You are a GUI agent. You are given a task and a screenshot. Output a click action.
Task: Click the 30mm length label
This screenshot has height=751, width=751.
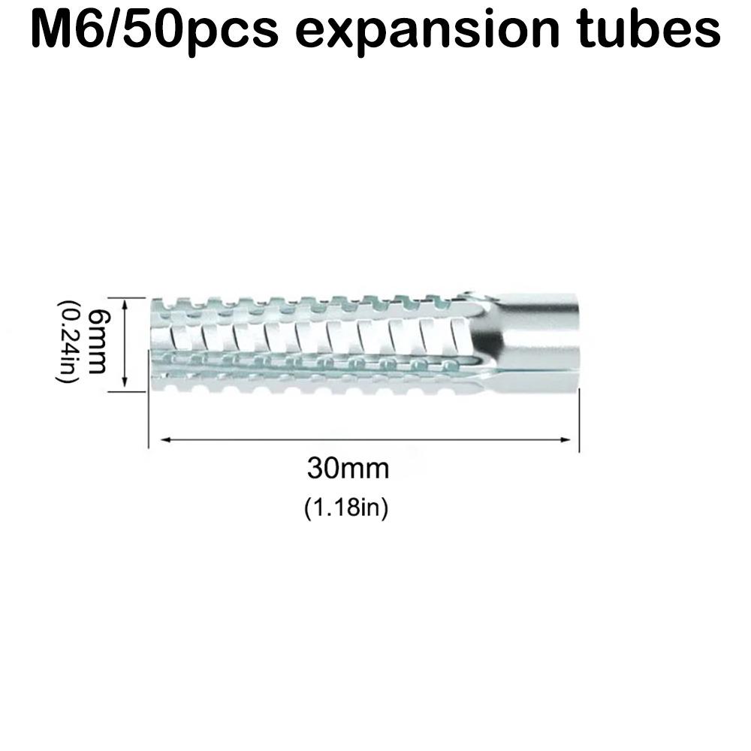pos(348,469)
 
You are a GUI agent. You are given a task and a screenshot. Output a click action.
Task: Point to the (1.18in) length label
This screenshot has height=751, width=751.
pos(346,508)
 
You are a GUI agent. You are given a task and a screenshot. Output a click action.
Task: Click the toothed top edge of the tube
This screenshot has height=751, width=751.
pos(300,304)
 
